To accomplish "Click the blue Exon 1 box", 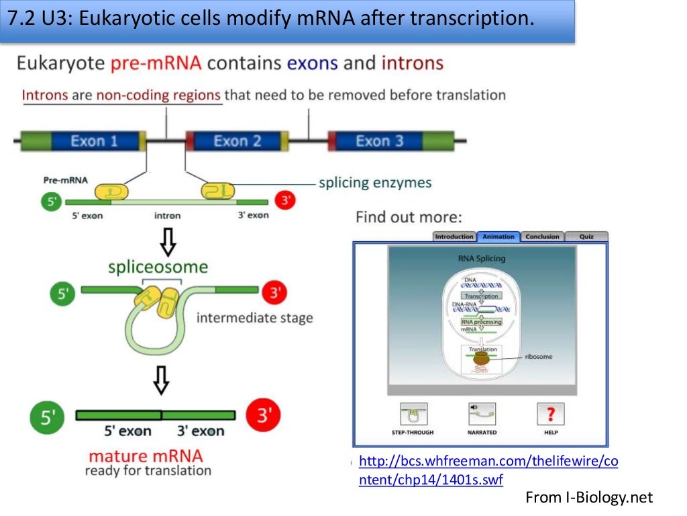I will pos(94,141).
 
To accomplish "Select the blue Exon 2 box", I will pos(237,141).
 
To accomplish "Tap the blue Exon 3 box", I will pos(379,141).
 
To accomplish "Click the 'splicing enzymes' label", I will pos(375,183).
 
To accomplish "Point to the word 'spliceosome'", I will pos(158,267).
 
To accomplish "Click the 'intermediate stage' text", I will pos(254,318).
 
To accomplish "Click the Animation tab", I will pos(498,236).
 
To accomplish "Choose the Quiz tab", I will pos(586,236).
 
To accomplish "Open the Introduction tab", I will pos(454,236).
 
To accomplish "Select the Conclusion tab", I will pos(542,236).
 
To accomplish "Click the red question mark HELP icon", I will pos(551,414).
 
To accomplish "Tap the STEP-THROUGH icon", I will pos(413,414).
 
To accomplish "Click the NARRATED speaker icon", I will pos(482,414).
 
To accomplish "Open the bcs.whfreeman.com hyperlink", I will pos(488,470).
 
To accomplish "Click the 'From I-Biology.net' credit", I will pos(588,498).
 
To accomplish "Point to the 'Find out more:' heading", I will pos(408,217).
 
